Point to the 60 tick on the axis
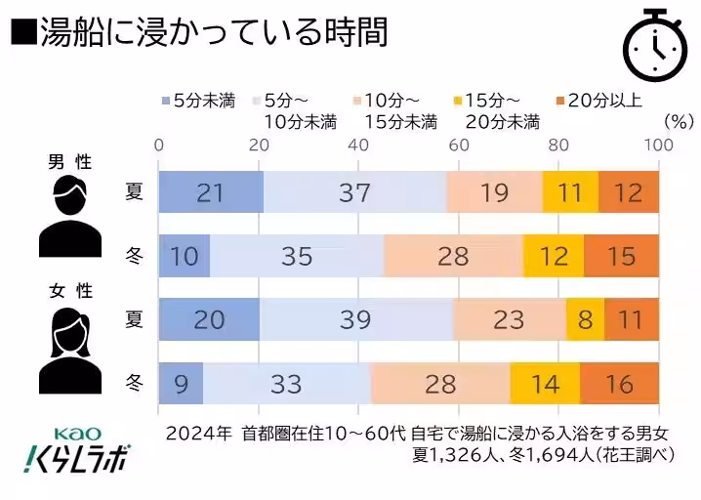point(458,145)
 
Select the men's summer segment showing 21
point(211,192)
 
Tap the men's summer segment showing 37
point(354,192)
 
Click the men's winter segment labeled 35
point(297,256)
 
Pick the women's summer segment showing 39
point(355,319)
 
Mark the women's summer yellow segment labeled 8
point(585,319)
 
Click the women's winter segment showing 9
point(182,383)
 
